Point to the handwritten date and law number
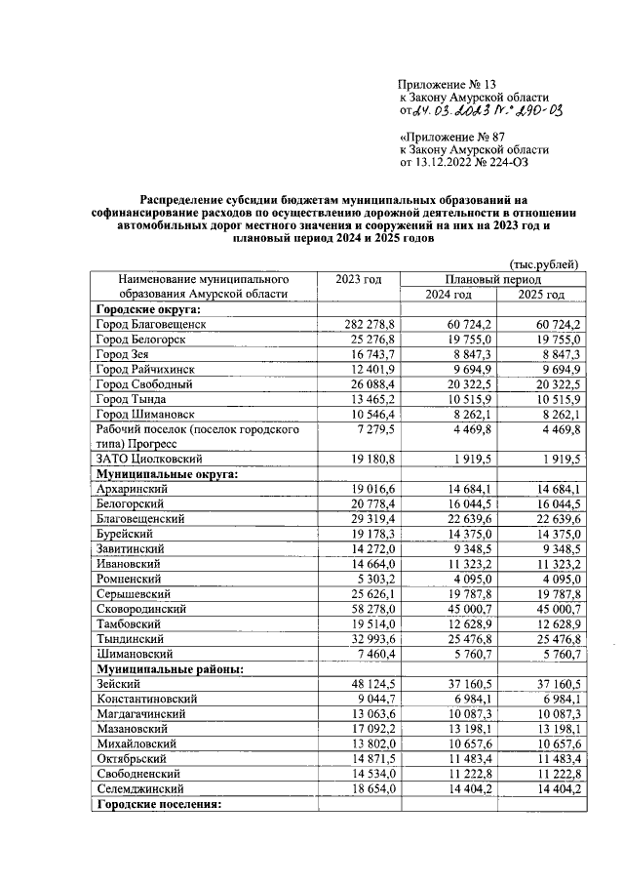pyautogui.click(x=487, y=112)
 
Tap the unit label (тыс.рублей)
pyautogui.click(x=545, y=263)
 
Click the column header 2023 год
pyautogui.click(x=359, y=279)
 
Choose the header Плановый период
pyautogui.click(x=492, y=279)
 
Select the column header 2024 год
pyautogui.click(x=448, y=294)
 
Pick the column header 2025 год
pyautogui.click(x=541, y=294)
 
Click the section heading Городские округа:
pyautogui.click(x=146, y=308)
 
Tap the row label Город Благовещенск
pyautogui.click(x=151, y=324)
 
